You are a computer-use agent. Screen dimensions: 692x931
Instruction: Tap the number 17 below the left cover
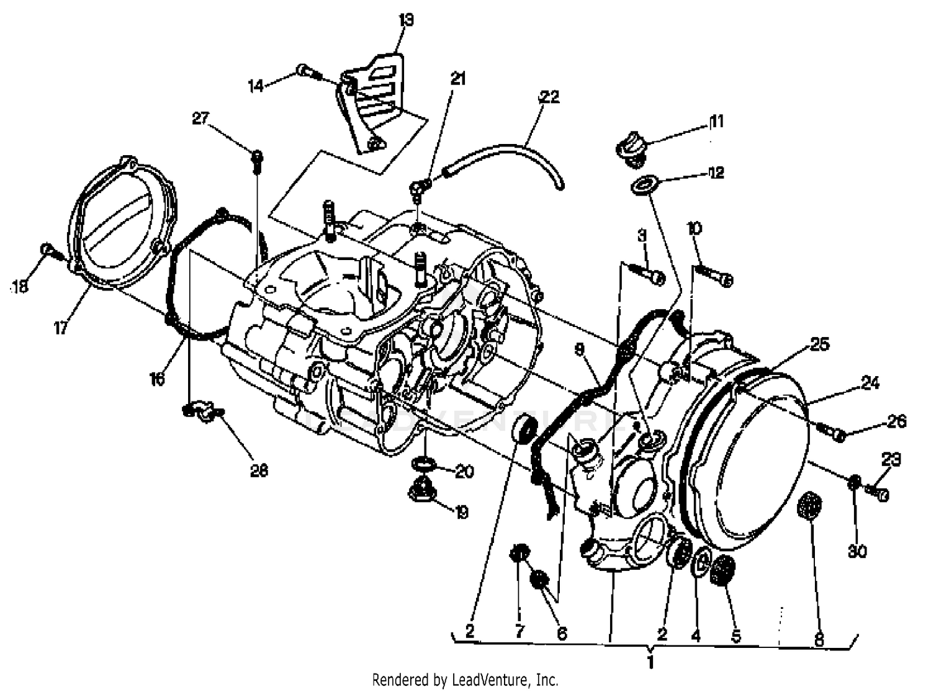click(x=60, y=328)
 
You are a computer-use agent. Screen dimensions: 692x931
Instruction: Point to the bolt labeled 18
click(x=50, y=251)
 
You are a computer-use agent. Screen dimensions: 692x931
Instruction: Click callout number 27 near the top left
click(x=200, y=118)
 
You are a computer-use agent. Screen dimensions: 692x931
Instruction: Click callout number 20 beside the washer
click(x=464, y=472)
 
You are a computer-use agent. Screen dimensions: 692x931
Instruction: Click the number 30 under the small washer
click(x=857, y=550)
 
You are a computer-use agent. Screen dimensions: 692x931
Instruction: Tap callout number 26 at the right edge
click(x=896, y=421)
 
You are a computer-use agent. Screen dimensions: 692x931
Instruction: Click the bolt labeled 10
click(x=714, y=274)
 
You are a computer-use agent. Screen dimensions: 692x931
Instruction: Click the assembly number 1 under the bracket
click(x=650, y=662)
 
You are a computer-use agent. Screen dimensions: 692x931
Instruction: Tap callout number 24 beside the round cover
click(x=870, y=383)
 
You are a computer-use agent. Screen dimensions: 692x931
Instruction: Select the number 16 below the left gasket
click(x=157, y=378)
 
